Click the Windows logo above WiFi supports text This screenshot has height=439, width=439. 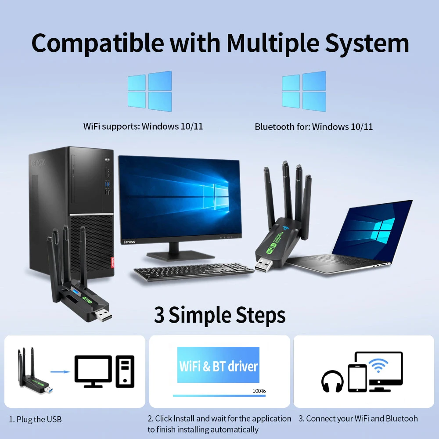149,91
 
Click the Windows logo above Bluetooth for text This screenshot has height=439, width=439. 304,91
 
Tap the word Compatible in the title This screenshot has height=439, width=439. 97,43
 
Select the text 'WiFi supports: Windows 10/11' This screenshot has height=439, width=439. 143,126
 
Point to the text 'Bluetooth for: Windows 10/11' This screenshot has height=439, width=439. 313,127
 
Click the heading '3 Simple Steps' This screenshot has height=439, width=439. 219,315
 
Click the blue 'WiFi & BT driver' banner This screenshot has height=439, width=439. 218,365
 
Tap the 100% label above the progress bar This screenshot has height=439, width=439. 259,391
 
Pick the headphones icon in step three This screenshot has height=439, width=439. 332,381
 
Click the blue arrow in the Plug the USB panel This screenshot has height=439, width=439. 61,372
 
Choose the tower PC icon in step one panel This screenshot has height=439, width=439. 125,371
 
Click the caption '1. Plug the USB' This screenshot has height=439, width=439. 36,419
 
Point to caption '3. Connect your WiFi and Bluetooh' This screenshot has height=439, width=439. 358,418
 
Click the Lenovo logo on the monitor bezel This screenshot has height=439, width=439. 129,241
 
